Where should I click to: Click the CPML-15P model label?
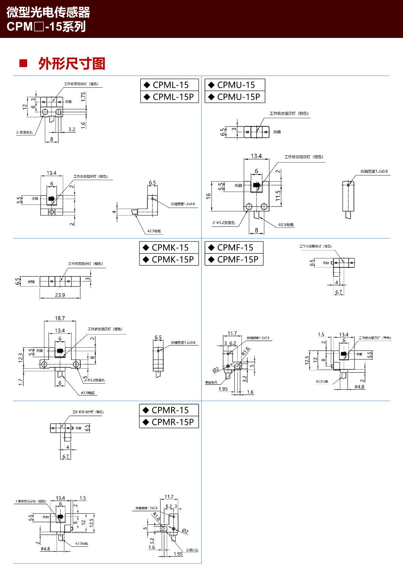click(x=169, y=97)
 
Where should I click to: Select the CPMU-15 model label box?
click(x=235, y=85)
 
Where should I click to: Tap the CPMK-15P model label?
click(x=169, y=260)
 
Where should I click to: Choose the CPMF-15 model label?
click(x=234, y=248)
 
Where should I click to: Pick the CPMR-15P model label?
click(x=169, y=422)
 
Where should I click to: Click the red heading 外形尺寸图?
click(x=72, y=64)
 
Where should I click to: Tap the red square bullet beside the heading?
click(x=23, y=63)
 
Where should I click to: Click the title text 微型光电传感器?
click(x=48, y=12)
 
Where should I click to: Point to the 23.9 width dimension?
click(x=60, y=295)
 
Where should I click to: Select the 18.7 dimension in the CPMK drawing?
click(x=60, y=318)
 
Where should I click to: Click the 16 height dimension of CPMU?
click(x=209, y=196)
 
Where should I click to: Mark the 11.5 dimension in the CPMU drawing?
click(x=278, y=196)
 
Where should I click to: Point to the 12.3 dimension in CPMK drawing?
click(x=21, y=358)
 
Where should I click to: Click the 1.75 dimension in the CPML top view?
click(x=83, y=97)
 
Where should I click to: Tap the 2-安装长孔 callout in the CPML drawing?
click(x=24, y=132)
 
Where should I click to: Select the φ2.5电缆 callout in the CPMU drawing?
click(x=286, y=224)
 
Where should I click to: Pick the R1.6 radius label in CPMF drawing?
click(x=245, y=351)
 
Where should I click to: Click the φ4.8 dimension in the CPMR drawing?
click(x=45, y=549)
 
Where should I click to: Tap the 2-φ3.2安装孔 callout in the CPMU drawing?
click(x=224, y=222)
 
